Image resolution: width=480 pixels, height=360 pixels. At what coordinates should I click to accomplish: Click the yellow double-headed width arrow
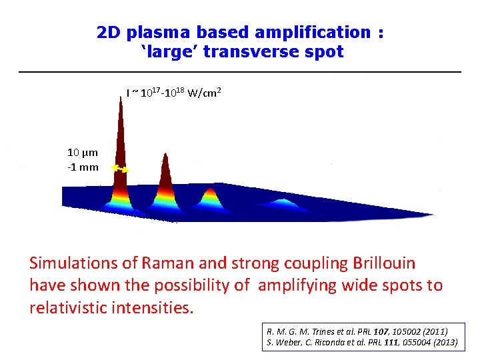coord(120,169)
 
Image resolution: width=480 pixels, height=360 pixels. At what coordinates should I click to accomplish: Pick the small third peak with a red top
coord(211,194)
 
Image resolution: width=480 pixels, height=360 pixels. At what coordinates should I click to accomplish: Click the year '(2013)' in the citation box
coord(442,343)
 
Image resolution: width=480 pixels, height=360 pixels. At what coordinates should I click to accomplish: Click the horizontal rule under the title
coord(240,71)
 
